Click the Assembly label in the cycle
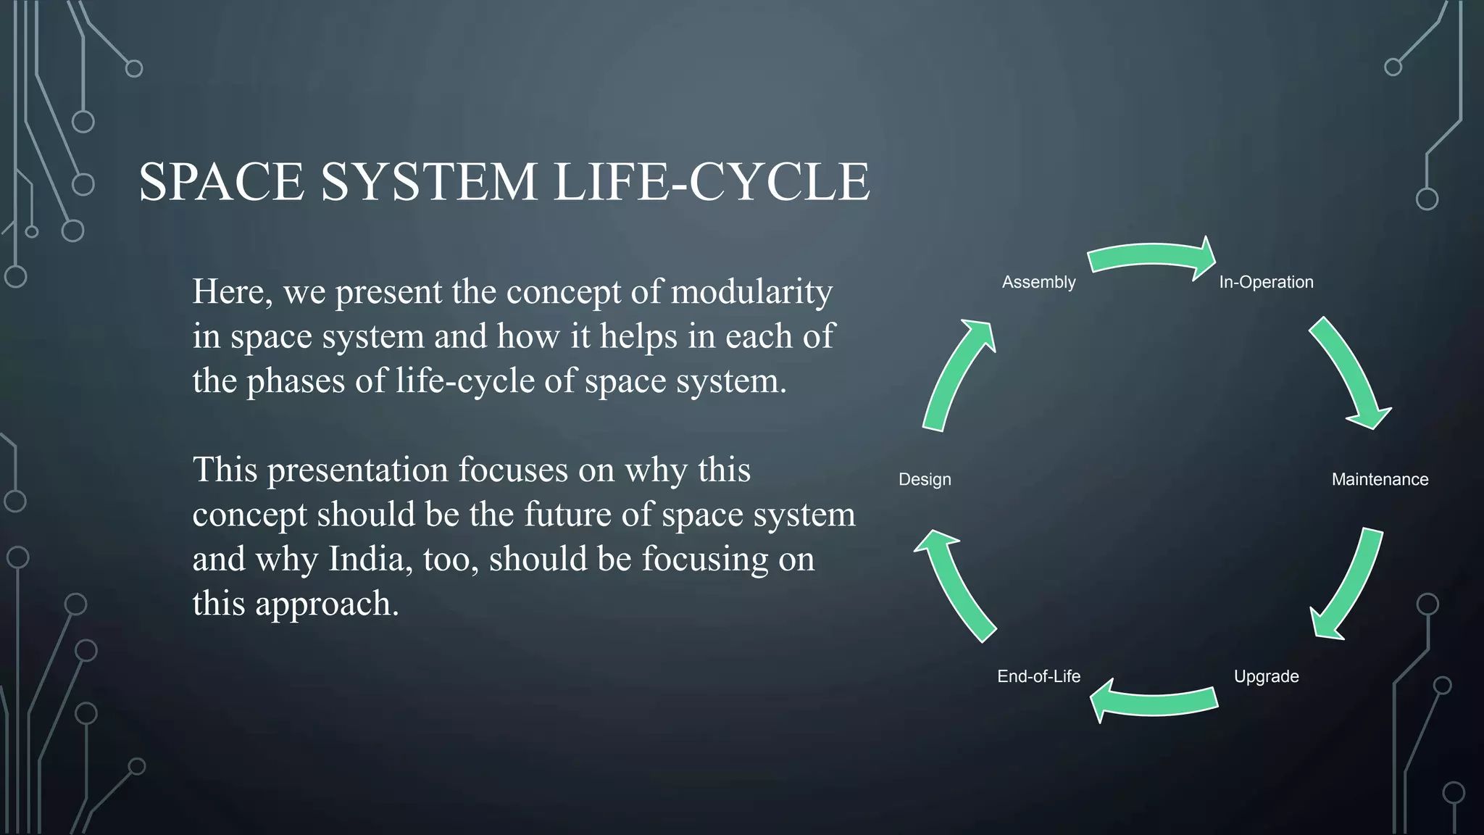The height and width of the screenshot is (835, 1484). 1038,282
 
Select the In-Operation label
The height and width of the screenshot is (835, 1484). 1265,282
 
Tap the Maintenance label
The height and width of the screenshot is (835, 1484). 1380,479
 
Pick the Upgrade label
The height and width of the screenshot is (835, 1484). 1266,676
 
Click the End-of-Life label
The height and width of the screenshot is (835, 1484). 1038,676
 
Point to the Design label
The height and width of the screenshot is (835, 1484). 925,479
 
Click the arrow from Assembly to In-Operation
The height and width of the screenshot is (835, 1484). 1151,257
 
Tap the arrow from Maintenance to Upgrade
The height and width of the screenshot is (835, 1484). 1349,584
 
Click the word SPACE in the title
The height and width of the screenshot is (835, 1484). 221,181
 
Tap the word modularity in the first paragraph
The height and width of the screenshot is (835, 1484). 751,292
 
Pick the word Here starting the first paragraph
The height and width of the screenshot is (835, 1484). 232,292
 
